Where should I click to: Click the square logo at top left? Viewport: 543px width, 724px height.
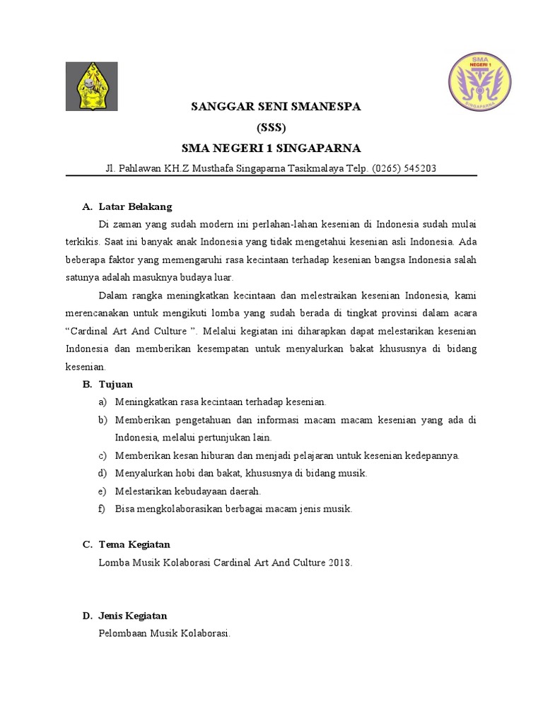click(92, 86)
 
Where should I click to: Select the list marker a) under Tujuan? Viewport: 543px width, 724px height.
click(103, 402)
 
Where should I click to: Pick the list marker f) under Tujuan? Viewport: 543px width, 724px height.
click(103, 508)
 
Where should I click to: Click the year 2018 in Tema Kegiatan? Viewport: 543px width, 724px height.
click(339, 563)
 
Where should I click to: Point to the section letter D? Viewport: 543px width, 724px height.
click(87, 616)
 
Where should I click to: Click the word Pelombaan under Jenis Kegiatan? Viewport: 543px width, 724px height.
click(124, 633)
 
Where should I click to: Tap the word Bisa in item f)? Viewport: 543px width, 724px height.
click(125, 508)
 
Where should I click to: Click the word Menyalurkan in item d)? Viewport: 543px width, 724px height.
click(144, 473)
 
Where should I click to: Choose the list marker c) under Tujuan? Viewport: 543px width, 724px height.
click(103, 455)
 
